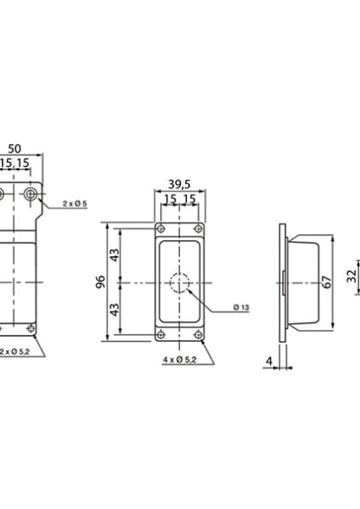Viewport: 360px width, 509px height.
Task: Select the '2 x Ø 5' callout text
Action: pyautogui.click(x=75, y=203)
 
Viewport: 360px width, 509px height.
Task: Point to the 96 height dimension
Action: pyautogui.click(x=101, y=282)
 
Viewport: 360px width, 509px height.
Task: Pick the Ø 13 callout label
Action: pyautogui.click(x=240, y=307)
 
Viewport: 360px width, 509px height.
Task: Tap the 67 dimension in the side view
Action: pyautogui.click(x=326, y=283)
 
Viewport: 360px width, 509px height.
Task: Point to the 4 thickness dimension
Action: pyautogui.click(x=268, y=361)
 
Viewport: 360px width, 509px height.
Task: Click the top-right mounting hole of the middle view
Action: pyautogui.click(x=197, y=229)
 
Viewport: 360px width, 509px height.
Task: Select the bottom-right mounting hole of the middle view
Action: pyautogui.click(x=197, y=335)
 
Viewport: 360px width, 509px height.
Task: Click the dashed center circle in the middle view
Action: pyautogui.click(x=178, y=282)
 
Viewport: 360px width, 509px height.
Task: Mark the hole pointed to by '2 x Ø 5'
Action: pyautogui.click(x=32, y=195)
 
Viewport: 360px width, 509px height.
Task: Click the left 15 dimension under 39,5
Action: pyautogui.click(x=169, y=199)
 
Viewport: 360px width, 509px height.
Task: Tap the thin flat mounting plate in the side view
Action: pyautogui.click(x=283, y=283)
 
